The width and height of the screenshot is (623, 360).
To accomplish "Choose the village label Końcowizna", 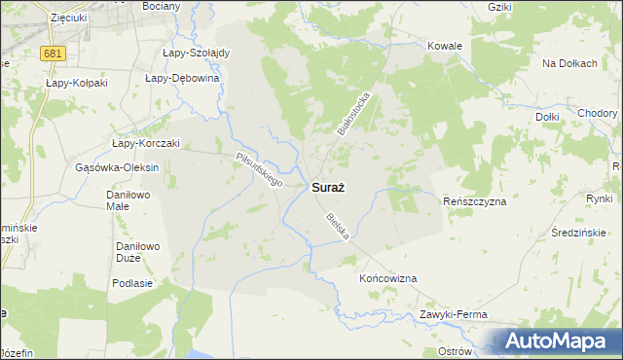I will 387,278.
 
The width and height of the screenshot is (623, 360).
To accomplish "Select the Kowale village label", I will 445,46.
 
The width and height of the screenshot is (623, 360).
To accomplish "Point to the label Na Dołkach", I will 569,63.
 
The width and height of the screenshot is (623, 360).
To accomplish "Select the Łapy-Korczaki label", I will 146,143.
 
